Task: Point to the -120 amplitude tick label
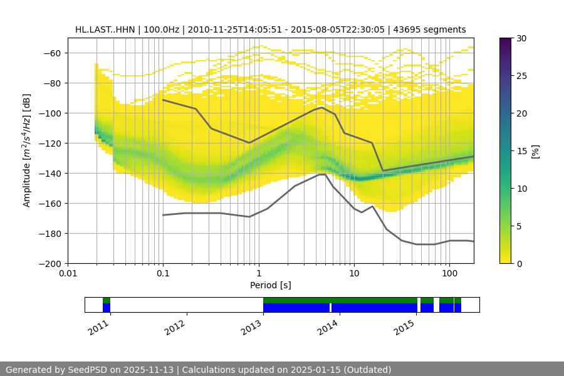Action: (x=51, y=143)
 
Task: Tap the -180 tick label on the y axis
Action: (x=51, y=233)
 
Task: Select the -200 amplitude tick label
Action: (x=51, y=263)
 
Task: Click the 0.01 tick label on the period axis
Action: (x=68, y=274)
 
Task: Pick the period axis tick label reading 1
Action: (x=259, y=274)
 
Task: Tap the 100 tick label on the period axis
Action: (x=449, y=274)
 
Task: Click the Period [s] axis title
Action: (x=271, y=286)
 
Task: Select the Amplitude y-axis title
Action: (x=27, y=150)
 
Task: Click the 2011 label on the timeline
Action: (x=98, y=328)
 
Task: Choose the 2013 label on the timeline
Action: (x=253, y=328)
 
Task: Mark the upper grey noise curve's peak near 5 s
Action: (x=322, y=107)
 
